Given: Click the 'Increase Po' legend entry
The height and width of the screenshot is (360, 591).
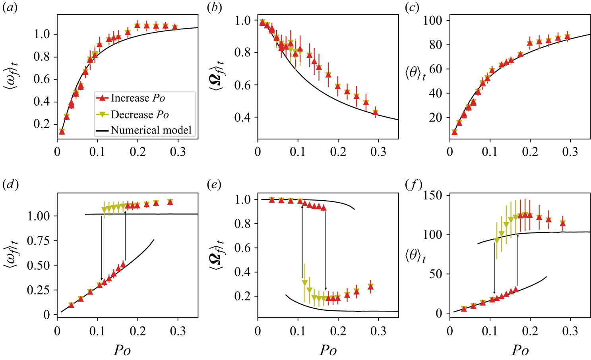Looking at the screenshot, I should click(137, 98).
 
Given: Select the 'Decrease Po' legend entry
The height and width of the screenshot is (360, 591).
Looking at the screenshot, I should click(139, 114).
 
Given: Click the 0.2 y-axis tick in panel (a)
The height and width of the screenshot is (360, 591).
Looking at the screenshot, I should click(42, 124).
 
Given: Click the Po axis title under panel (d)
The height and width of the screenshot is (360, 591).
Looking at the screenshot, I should click(122, 350).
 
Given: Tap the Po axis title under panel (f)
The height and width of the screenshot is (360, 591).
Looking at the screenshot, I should click(520, 350).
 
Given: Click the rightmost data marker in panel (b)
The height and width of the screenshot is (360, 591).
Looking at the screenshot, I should click(375, 112).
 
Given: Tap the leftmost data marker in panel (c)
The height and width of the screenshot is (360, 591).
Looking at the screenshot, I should click(455, 132).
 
